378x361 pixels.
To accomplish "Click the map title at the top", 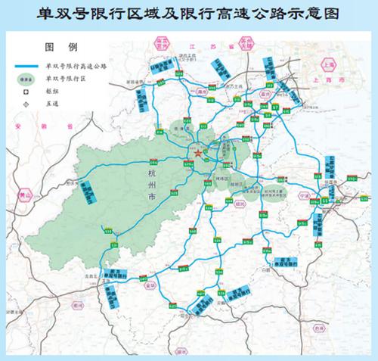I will (x=189, y=13).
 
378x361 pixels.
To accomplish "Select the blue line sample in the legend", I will (x=27, y=66).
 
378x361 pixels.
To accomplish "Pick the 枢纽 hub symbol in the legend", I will (x=27, y=88).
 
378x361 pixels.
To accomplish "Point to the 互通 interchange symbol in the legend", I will (x=27, y=100).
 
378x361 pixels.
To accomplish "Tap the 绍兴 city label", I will (x=240, y=203).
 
